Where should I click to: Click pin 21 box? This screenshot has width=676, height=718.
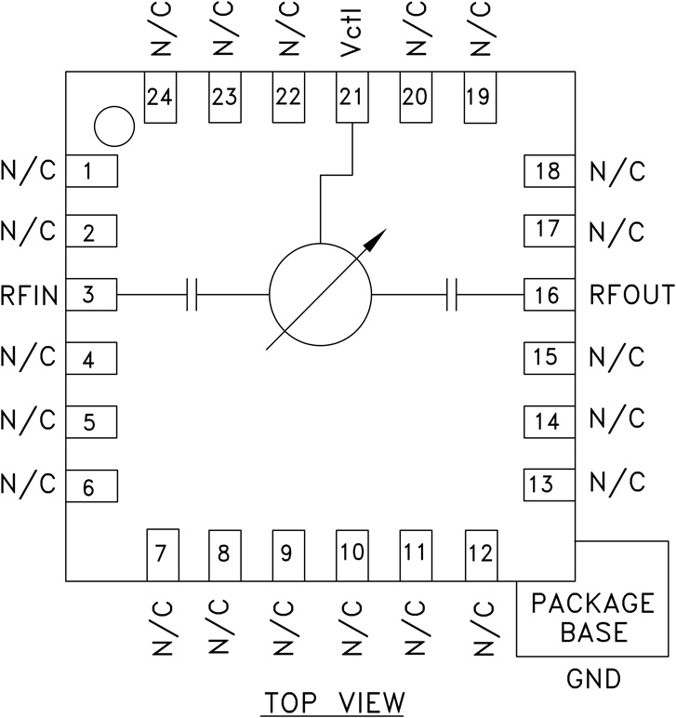coord(351,98)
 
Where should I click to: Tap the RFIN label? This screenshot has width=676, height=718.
coord(30,297)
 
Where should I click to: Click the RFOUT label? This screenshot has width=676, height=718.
coord(631,297)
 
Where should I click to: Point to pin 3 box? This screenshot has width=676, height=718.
coord(89,297)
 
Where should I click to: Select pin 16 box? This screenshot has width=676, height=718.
coord(549,297)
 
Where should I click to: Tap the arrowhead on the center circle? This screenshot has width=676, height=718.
coord(375,241)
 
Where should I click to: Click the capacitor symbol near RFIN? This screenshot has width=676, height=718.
coord(192,296)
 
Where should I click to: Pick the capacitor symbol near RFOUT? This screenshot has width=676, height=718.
coord(454,296)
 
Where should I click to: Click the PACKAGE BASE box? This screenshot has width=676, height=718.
coord(592,618)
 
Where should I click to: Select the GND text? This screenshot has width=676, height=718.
coord(592,680)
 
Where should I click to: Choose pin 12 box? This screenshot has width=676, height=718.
coord(480,555)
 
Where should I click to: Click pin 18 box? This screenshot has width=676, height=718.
coord(549,171)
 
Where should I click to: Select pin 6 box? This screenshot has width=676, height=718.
coord(89,485)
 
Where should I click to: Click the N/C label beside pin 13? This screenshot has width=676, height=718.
coord(616,483)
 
